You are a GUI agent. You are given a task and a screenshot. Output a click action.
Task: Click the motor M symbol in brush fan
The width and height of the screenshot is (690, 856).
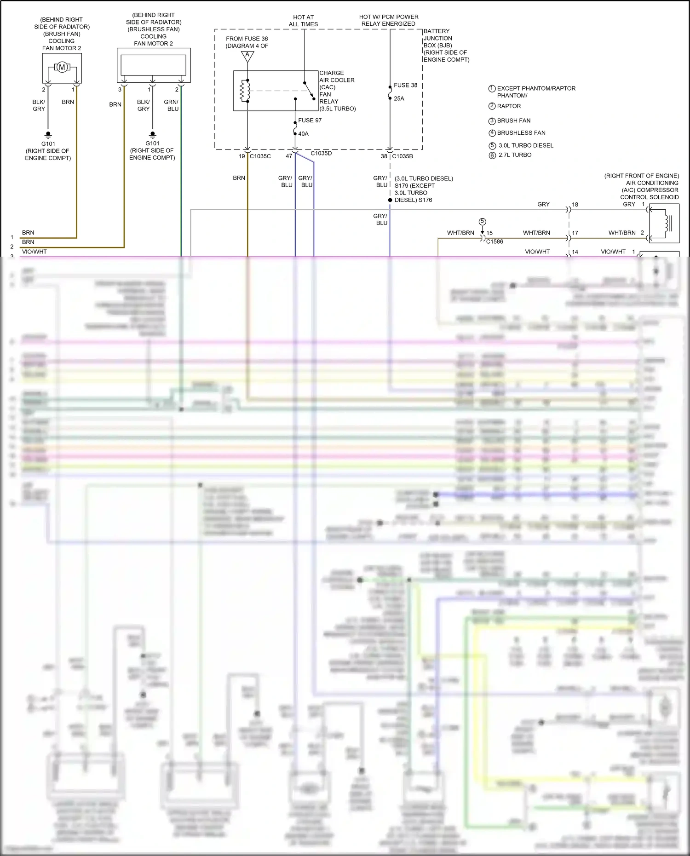click(62, 68)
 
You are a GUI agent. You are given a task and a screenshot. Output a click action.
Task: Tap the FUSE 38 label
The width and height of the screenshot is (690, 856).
click(405, 85)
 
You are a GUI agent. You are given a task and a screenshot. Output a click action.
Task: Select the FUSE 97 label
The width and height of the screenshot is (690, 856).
click(310, 121)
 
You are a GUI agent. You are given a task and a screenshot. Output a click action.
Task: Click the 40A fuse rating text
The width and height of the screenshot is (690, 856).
click(303, 134)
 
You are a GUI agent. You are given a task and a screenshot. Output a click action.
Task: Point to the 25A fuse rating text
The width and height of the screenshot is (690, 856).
click(399, 98)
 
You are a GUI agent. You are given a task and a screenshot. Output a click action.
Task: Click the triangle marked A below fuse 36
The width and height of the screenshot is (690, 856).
click(247, 56)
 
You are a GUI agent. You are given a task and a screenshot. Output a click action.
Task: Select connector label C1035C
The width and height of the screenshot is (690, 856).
click(260, 156)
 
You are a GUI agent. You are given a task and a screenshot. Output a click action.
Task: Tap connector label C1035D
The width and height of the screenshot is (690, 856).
click(321, 153)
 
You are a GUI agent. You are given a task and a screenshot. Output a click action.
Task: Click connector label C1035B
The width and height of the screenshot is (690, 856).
click(402, 156)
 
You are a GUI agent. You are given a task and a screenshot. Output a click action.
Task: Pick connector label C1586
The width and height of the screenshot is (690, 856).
click(494, 241)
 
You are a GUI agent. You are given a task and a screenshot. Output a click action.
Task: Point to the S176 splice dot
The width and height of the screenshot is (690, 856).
click(390, 200)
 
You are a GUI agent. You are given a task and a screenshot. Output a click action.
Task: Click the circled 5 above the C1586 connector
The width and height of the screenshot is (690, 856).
click(482, 222)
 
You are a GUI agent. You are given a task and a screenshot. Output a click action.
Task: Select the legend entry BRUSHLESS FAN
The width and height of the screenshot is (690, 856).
click(521, 133)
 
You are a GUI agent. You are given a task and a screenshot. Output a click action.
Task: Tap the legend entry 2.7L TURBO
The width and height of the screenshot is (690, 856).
click(515, 155)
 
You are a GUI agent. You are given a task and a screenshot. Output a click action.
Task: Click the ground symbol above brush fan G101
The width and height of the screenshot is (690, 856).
click(48, 135)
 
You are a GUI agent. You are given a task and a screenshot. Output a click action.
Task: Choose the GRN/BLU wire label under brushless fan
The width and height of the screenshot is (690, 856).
click(172, 105)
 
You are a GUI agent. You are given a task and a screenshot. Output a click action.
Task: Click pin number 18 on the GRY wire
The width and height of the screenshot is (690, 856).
click(575, 205)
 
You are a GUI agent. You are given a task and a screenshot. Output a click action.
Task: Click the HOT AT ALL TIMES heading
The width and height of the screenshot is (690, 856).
click(303, 21)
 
